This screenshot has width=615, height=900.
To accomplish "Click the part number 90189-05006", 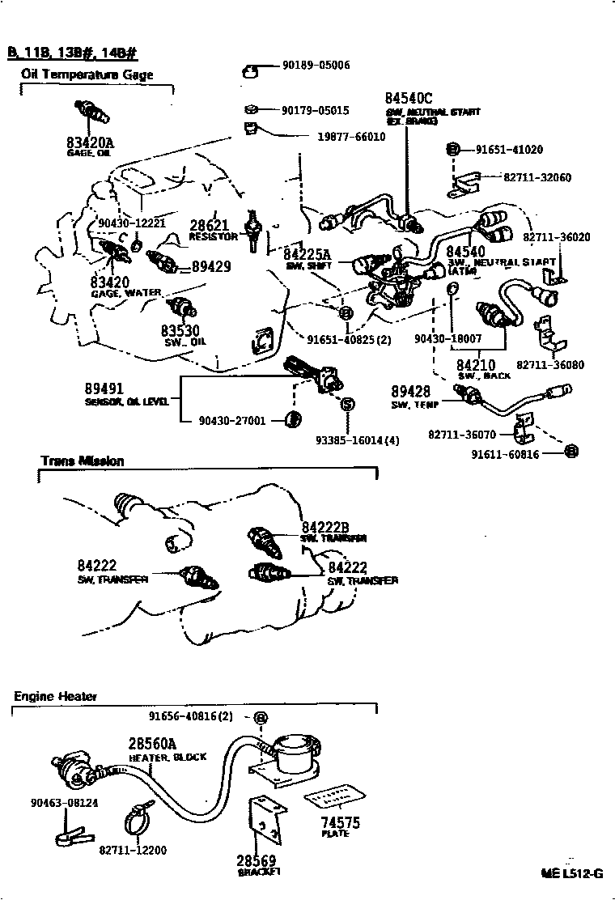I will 316,65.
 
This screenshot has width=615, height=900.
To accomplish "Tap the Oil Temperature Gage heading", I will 87,75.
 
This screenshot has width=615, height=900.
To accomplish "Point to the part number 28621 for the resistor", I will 210,226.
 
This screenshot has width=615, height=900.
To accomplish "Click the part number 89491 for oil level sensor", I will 104,388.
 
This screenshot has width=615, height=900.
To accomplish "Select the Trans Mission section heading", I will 83,461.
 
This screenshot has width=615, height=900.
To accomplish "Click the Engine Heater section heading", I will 55,696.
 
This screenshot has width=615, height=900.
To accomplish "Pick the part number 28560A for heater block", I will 152,745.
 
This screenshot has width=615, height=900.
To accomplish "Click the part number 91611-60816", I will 507,455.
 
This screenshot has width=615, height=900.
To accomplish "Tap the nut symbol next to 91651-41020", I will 453,149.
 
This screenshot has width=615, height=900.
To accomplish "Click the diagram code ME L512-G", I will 572,873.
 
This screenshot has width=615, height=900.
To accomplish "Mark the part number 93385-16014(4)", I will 357,441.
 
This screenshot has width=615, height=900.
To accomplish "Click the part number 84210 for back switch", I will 477,366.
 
